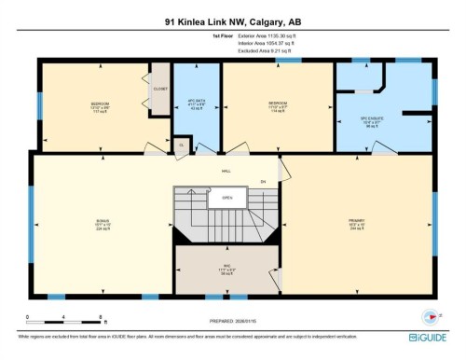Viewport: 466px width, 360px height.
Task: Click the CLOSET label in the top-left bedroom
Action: pyautogui.click(x=159, y=89)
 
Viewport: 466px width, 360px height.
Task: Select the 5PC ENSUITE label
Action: pyautogui.click(x=373, y=118)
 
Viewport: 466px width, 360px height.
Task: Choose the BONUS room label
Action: pyautogui.click(x=102, y=222)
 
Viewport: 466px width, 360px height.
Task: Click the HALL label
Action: pyautogui.click(x=226, y=172)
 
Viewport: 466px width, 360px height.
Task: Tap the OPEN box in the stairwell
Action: pyautogui.click(x=226, y=198)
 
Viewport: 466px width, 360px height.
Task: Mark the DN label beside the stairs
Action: pyautogui.click(x=263, y=181)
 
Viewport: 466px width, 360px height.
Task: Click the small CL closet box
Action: pyautogui.click(x=181, y=145)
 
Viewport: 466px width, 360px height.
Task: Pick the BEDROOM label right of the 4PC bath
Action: pyautogui.click(x=277, y=104)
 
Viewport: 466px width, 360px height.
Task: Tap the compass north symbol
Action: pyautogui.click(x=430, y=315)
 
